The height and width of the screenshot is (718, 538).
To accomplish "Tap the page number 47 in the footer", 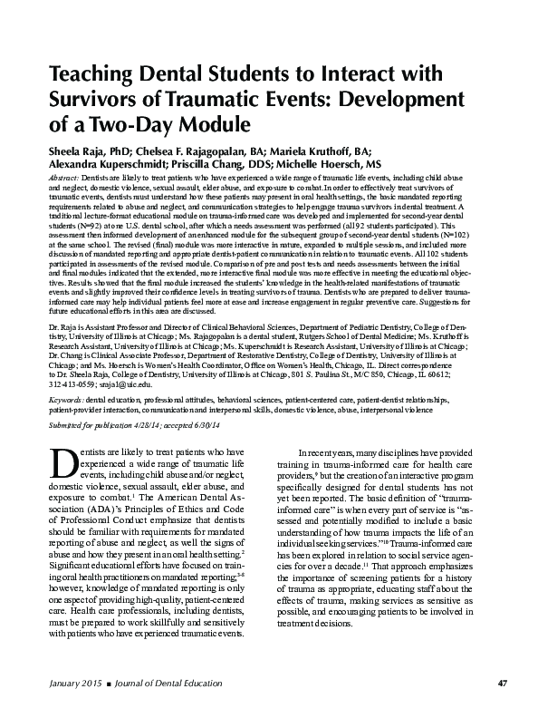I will [x=490, y=683].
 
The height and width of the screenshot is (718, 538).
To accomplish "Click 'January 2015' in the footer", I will [x=75, y=683].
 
